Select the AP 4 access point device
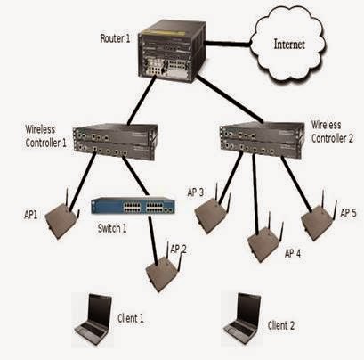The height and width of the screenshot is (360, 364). tap(263, 239)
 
